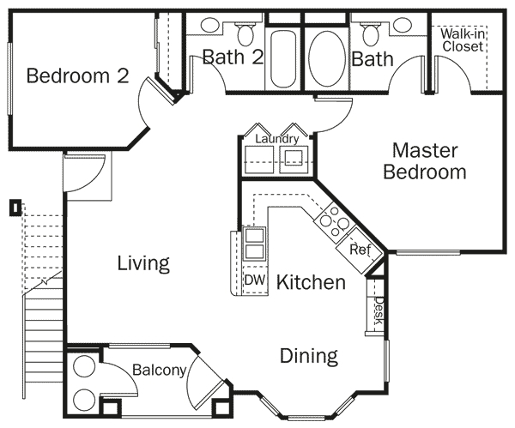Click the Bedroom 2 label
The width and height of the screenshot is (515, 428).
point(77,76)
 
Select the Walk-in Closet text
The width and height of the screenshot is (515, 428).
point(462,40)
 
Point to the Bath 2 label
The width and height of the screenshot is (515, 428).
point(232,58)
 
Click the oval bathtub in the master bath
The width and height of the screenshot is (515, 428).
point(325,58)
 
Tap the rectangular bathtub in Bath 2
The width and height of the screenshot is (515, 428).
point(282,58)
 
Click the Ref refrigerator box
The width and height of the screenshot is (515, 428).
point(359,250)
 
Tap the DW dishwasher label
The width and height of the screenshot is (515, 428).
point(253,280)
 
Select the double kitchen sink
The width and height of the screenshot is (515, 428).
point(254,243)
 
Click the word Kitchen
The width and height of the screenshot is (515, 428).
point(311,282)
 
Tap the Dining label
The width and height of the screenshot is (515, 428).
point(309,355)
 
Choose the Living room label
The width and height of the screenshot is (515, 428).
point(143,263)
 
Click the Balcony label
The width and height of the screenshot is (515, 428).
point(159,371)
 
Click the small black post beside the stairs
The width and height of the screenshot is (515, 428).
point(15,207)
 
